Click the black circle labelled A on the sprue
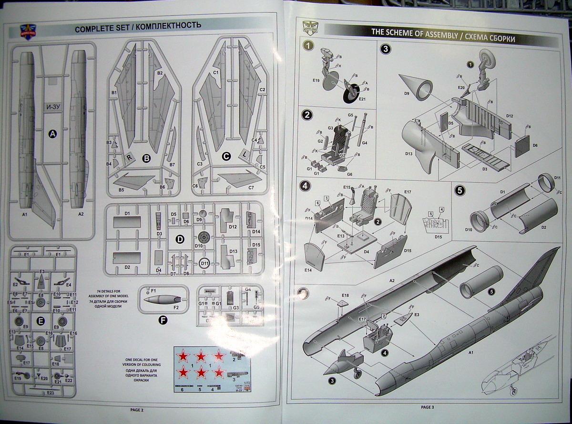pyautogui.click(x=53, y=135)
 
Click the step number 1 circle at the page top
pyautogui.click(x=309, y=46)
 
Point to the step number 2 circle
pyautogui.click(x=308, y=115)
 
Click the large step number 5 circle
pyautogui.click(x=460, y=190)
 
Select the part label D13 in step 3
pyautogui.click(x=409, y=154)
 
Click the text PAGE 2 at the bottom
pyautogui.click(x=136, y=410)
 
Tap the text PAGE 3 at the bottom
pyautogui.click(x=428, y=407)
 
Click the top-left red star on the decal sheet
pyautogui.click(x=184, y=356)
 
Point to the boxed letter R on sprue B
pyautogui.click(x=129, y=157)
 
